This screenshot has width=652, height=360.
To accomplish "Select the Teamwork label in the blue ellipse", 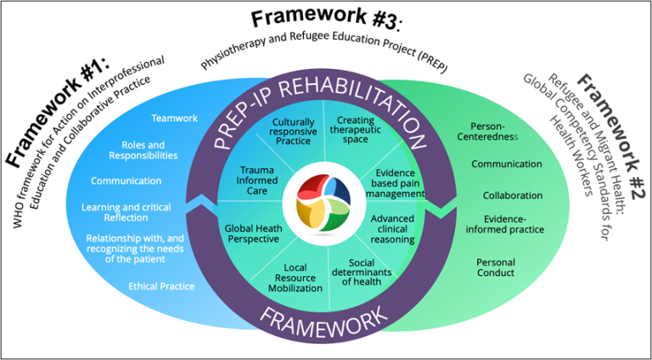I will (174, 118).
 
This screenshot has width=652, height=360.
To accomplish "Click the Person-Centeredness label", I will (495, 130).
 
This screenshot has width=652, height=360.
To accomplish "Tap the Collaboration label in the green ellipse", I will (512, 195).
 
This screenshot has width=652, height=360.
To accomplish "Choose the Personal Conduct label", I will (495, 267).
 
